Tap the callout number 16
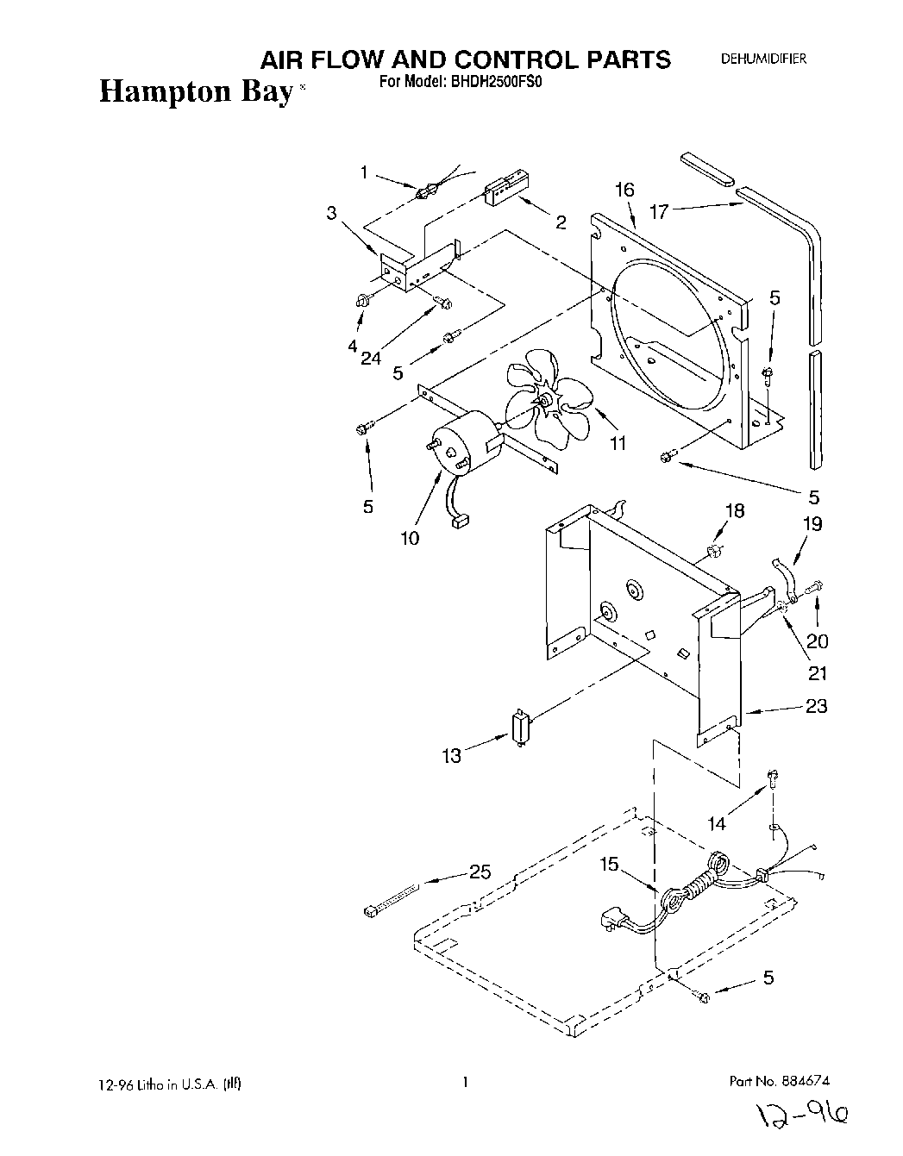[x=624, y=191]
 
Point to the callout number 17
[x=659, y=210]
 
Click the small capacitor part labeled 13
[x=520, y=729]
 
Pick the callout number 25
[x=480, y=872]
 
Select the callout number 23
[x=816, y=706]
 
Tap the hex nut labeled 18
[x=713, y=550]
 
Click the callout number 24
[x=371, y=358]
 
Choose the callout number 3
[x=331, y=213]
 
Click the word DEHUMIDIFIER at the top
[x=763, y=59]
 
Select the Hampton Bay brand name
[x=197, y=91]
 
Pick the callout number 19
[x=813, y=523]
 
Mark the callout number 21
[x=816, y=673]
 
